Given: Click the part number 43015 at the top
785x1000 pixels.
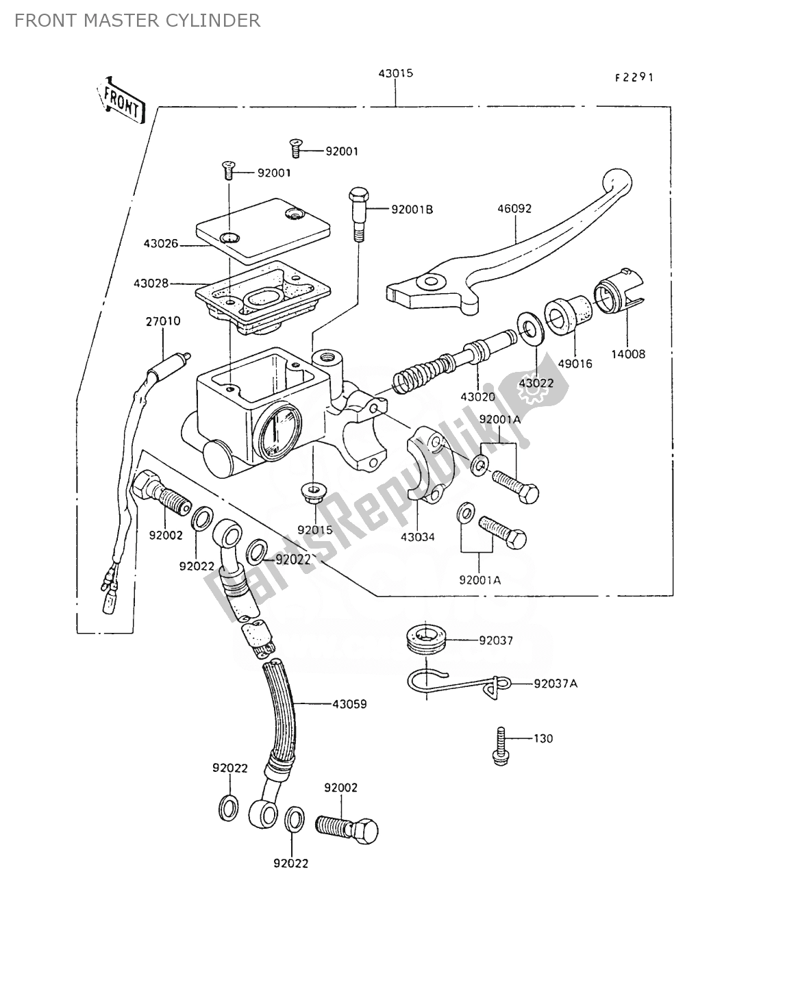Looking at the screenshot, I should pos(395,73).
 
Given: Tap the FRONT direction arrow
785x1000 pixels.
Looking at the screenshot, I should pos(122,100).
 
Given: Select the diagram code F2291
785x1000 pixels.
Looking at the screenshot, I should pos(634,77).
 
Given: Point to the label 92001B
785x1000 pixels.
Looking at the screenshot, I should pos(412,209).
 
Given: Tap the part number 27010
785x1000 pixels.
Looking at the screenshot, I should pos(162,321).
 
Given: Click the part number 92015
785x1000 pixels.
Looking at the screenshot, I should pos(314,529).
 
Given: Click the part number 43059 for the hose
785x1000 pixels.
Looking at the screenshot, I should pos(349,703).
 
